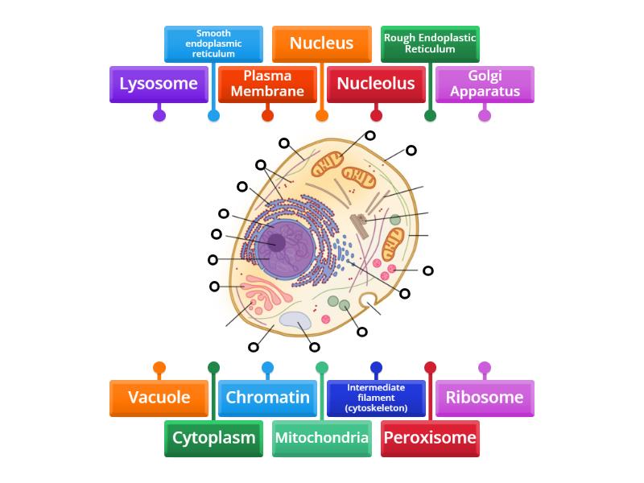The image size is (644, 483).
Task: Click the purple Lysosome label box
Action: pyautogui.click(x=159, y=84)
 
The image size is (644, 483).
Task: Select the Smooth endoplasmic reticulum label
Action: pyautogui.click(x=213, y=43)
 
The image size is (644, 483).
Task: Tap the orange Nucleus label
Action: pyautogui.click(x=322, y=43)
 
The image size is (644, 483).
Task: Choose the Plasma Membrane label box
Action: pyautogui.click(x=267, y=84)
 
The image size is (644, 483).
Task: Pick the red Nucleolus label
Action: pyautogui.click(x=376, y=84)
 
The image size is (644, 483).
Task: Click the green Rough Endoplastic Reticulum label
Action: pyautogui.click(x=430, y=43)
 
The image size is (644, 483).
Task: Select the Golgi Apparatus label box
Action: pyautogui.click(x=485, y=84)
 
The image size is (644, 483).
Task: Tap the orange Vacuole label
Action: pyautogui.click(x=159, y=398)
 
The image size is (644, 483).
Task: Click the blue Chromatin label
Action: pyautogui.click(x=267, y=398)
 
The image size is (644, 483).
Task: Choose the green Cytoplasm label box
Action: pyautogui.click(x=213, y=438)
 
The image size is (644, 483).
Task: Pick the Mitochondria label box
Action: pyautogui.click(x=322, y=438)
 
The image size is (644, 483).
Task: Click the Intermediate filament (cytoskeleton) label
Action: pyautogui.click(x=376, y=398)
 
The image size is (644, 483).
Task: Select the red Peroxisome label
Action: pyautogui.click(x=430, y=438)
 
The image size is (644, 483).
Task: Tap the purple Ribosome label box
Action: pyautogui.click(x=485, y=398)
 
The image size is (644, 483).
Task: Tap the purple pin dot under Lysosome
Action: pyautogui.click(x=159, y=115)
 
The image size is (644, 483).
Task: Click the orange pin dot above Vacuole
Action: pyautogui.click(x=159, y=368)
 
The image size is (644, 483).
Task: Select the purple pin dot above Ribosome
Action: pyautogui.click(x=485, y=368)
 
